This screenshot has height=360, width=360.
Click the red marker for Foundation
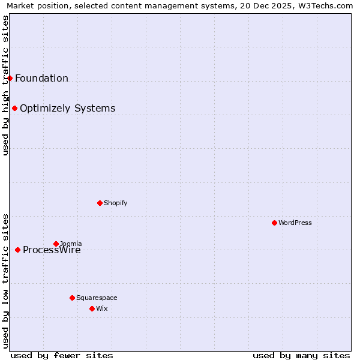pos(10,78)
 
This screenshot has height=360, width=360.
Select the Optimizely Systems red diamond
pos(14,108)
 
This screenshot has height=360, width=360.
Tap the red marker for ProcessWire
pos(17,250)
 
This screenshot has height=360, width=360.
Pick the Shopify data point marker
pos(100,203)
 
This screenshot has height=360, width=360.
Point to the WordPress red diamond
pos(274,223)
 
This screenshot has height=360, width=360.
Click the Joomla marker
pos(56,244)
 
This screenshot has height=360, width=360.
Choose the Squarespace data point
pos(72,298)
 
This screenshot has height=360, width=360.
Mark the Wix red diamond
pos(92,308)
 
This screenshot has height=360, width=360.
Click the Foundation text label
pos(41,78)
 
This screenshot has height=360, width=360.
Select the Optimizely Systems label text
pos(67,108)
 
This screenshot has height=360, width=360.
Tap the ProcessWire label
pos(52,250)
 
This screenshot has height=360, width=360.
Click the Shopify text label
pos(116,203)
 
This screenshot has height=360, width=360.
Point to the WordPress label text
pos(295,223)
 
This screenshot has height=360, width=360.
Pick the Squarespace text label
pos(97,298)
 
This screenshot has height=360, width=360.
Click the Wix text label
pos(101,308)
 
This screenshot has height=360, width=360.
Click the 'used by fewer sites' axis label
pos(62,355)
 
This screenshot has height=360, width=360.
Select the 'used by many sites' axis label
pos(301,355)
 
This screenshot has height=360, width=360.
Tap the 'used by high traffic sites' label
pos(5,85)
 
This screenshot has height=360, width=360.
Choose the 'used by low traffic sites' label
pos(5,281)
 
